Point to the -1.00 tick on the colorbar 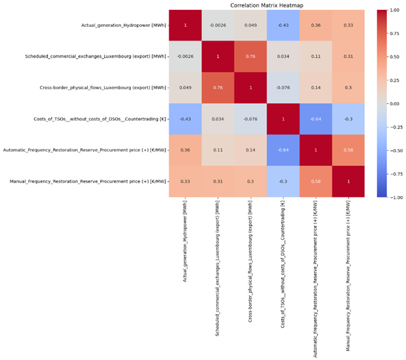click(394, 197)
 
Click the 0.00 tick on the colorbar click(394, 104)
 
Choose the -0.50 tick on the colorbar click(394, 150)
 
